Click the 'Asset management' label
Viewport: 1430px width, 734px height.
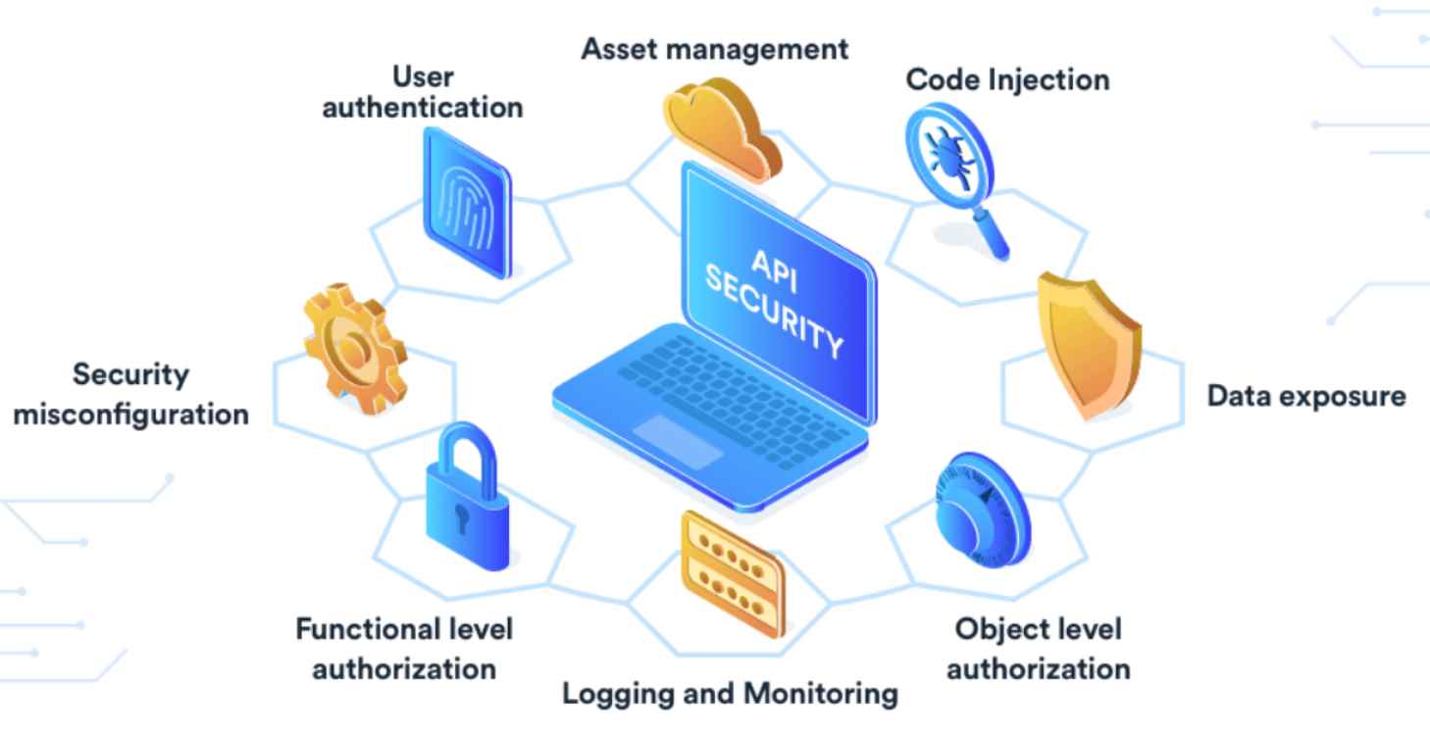tap(714, 50)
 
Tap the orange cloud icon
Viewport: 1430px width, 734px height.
tap(722, 128)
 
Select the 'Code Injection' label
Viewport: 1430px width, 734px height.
tap(1007, 80)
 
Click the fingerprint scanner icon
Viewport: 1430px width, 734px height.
tap(467, 203)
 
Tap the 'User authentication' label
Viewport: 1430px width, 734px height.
tap(423, 92)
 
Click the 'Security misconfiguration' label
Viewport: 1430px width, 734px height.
tap(130, 394)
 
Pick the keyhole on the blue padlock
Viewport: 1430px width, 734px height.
tap(462, 517)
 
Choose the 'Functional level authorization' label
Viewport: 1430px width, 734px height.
tap(404, 649)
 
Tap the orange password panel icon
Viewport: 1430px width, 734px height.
tap(733, 574)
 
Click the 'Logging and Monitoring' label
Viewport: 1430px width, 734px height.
tap(730, 694)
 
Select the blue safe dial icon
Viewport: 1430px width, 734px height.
tap(982, 511)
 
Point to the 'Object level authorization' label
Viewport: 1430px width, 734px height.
tap(1039, 649)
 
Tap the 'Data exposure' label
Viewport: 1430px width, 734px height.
tap(1306, 396)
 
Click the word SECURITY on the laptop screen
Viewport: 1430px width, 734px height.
tap(774, 312)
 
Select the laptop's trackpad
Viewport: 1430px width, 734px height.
tap(678, 442)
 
